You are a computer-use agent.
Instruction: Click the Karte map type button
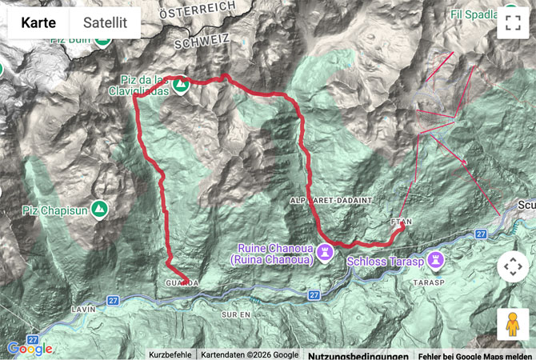tap(38, 23)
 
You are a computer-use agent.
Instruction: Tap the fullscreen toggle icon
tap(513, 23)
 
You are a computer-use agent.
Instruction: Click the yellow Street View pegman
tap(513, 324)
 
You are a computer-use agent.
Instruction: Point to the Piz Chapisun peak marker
tap(99, 210)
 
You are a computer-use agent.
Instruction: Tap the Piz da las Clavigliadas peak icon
tap(182, 84)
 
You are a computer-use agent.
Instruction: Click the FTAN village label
tap(400, 215)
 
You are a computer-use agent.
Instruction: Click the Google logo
tap(30, 349)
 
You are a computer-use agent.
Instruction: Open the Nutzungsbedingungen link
tap(358, 355)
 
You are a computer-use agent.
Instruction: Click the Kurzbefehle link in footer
tap(170, 355)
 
